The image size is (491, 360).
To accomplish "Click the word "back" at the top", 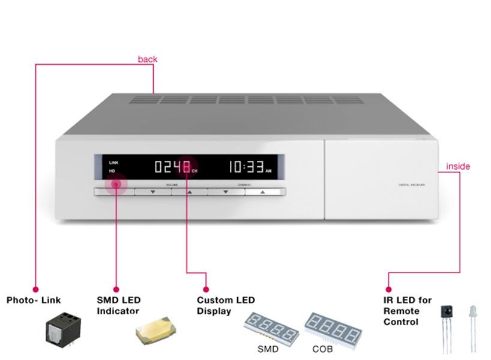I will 147,59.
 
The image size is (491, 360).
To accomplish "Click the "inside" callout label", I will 458,166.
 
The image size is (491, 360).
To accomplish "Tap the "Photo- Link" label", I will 34,300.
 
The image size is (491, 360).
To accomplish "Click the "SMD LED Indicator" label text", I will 118,305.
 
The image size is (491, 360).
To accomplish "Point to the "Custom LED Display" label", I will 226,305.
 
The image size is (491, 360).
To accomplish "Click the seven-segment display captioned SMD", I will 271,327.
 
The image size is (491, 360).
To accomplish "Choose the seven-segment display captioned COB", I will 333,328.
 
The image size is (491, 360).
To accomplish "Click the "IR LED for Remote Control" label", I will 408,311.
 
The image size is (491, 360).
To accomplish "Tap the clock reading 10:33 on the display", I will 246,167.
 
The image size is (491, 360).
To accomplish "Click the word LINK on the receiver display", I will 114,163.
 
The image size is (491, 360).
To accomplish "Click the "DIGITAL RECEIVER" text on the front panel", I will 412,185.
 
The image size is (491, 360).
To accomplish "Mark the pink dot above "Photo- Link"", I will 35,289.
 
